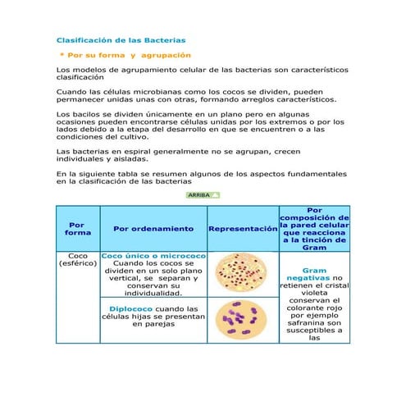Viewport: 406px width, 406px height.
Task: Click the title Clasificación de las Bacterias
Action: pos(121,39)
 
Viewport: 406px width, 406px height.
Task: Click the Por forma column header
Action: pos(78,229)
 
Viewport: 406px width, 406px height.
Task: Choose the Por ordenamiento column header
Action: pos(153,229)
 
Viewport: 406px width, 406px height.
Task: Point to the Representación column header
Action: pos(243,229)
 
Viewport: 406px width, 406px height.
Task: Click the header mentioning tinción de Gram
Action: pos(314,229)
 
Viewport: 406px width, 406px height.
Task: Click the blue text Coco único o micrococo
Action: pos(153,256)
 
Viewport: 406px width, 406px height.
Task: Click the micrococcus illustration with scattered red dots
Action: pos(243,274)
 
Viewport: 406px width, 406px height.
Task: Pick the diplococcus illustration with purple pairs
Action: pos(243,319)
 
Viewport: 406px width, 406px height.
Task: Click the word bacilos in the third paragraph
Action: pos(81,113)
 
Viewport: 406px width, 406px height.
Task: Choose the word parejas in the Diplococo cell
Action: pos(153,324)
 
